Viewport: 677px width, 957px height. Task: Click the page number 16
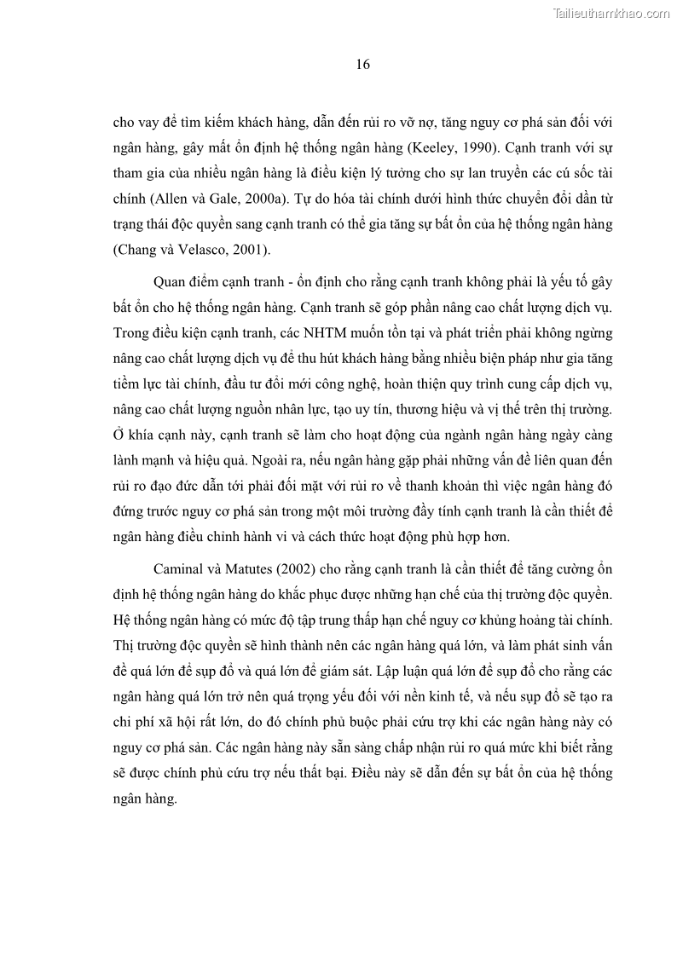362,65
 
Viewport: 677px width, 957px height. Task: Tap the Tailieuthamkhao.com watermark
611,13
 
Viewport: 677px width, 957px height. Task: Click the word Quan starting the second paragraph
171,284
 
